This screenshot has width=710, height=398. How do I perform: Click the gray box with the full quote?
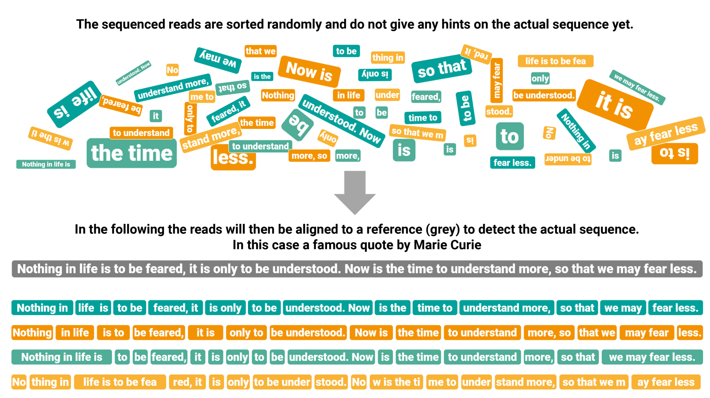357,269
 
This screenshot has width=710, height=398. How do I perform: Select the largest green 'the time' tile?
132,153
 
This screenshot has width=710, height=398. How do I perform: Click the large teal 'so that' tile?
442,69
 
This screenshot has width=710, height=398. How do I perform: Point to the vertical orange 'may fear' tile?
497,80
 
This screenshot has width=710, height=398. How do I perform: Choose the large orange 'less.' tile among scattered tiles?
233,158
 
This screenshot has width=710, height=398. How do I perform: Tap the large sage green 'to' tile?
510,136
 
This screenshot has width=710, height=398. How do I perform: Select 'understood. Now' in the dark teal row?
328,308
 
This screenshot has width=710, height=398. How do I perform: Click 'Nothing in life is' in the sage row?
62,357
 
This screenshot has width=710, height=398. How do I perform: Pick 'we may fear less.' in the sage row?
652,357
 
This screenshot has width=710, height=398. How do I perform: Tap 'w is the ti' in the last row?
396,382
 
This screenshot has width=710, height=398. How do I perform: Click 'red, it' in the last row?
187,382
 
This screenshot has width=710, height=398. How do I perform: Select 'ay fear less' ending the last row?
666,382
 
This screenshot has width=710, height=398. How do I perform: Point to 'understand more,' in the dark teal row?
506,308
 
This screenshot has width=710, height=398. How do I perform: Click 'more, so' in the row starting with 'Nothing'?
549,333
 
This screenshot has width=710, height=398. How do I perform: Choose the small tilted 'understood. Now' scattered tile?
133,73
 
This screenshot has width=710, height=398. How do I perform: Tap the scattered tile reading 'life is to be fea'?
555,61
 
